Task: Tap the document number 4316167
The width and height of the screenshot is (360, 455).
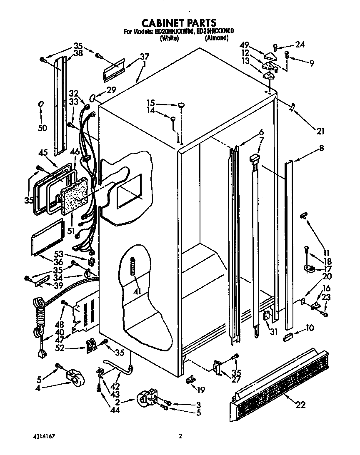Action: pos(43,436)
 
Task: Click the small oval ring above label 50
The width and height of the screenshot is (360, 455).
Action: pos(41,104)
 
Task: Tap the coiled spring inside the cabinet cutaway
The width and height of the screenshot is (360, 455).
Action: pos(133,266)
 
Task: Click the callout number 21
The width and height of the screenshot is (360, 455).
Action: pos(320,132)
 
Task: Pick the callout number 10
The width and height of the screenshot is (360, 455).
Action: pos(310,328)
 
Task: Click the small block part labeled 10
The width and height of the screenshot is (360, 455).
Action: pos(288,336)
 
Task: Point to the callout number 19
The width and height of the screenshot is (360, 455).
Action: pos(201,390)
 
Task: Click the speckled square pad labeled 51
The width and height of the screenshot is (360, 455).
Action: pos(75,195)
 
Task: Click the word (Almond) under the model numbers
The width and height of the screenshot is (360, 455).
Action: pos(216,38)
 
